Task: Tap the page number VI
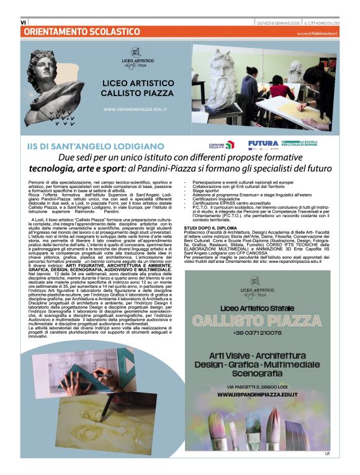click(x=23, y=22)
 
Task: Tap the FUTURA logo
click(x=263, y=144)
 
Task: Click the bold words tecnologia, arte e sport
click(x=86, y=168)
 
